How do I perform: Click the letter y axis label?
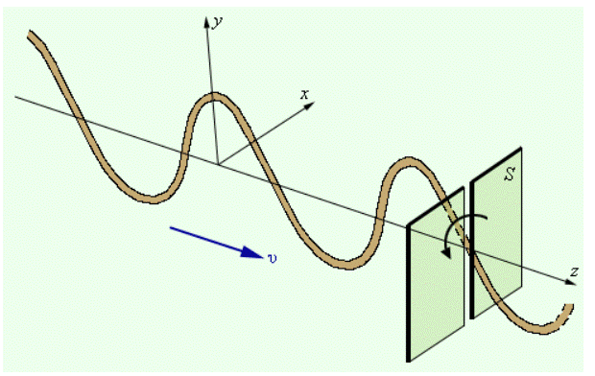click(x=217, y=22)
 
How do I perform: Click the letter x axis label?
click(x=304, y=94)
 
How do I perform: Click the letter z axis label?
click(x=574, y=271)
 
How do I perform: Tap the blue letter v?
click(x=273, y=258)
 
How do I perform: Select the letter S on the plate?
click(x=511, y=175)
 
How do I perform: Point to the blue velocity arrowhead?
click(x=252, y=252)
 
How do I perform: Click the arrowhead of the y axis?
click(x=206, y=22)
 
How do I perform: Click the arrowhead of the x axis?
click(x=310, y=106)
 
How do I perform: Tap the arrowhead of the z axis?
click(x=570, y=282)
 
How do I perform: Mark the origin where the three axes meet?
click(x=218, y=164)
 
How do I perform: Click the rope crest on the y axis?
click(x=214, y=97)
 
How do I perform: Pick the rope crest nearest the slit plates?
click(x=409, y=160)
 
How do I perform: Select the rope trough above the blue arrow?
click(x=152, y=199)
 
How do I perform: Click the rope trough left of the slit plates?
click(x=345, y=264)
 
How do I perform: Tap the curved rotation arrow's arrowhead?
click(x=448, y=252)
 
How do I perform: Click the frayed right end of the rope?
click(x=568, y=309)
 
